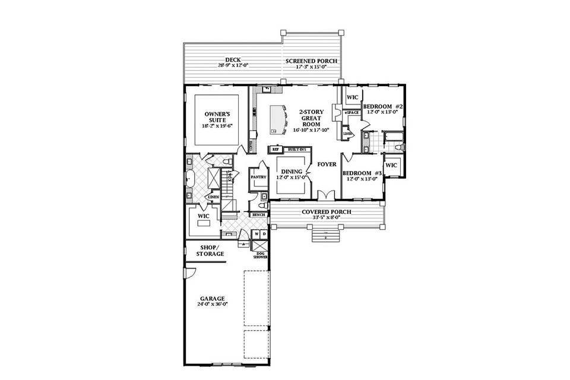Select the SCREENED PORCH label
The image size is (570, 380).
pos(311,61)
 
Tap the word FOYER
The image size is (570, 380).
pos(327,164)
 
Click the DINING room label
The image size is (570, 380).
pos(292,172)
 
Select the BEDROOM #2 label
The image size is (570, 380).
pos(384,106)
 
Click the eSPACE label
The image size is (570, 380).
pos(352,112)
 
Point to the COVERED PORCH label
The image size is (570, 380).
pos(326,212)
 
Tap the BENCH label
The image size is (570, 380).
pos(258,214)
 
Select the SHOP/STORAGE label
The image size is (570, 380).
pos(210,251)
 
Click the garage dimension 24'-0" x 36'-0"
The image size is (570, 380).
pos(212,305)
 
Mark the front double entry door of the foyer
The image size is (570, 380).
pos(325,195)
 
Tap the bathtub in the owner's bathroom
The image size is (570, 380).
pos(189,178)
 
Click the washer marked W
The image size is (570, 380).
pos(256,235)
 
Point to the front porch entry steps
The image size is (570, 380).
pos(325,235)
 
